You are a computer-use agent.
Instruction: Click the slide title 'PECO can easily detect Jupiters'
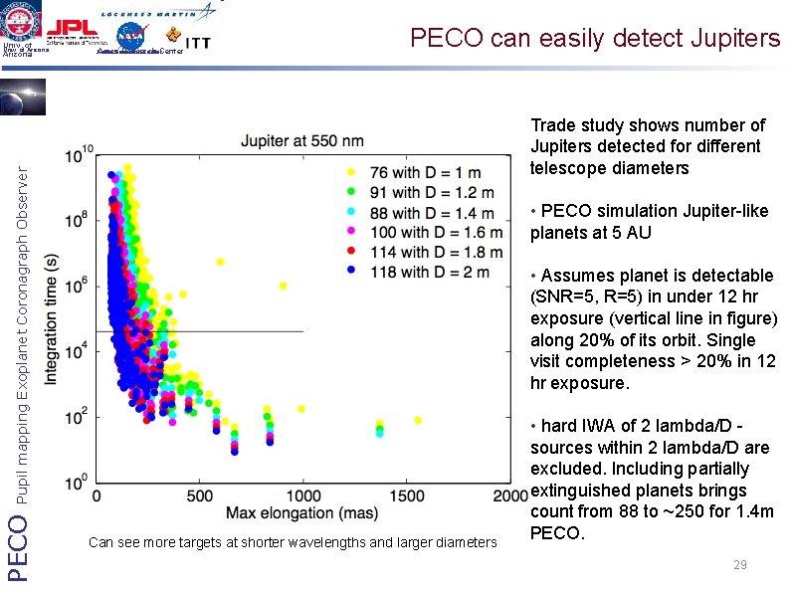pyautogui.click(x=596, y=38)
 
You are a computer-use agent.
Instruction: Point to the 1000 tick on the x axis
pyautogui.click(x=302, y=495)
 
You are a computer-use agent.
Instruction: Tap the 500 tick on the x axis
pyautogui.click(x=199, y=495)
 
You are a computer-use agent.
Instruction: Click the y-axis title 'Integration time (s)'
pyautogui.click(x=53, y=319)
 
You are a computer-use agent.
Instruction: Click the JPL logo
pyautogui.click(x=75, y=29)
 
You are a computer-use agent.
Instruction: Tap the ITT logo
pyautogui.click(x=197, y=44)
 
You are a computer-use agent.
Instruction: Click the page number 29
pyautogui.click(x=739, y=565)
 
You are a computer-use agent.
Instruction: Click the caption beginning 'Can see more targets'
pyautogui.click(x=292, y=542)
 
